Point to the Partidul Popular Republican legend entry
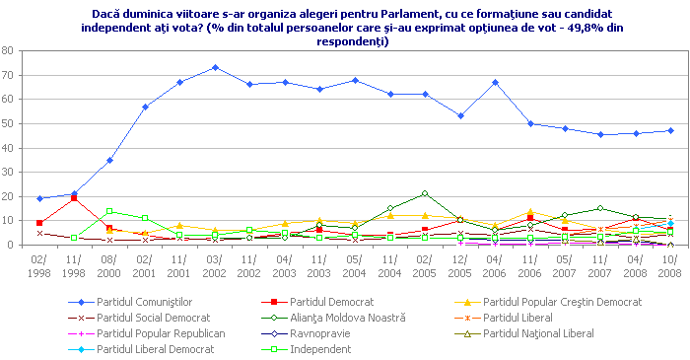click(161, 332)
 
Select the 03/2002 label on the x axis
click(214, 265)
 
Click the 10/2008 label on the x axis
click(670, 265)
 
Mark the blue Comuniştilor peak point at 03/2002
click(215, 67)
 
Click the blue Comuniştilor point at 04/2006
click(495, 82)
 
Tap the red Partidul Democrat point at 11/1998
click(74, 198)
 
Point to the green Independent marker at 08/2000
click(109, 211)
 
